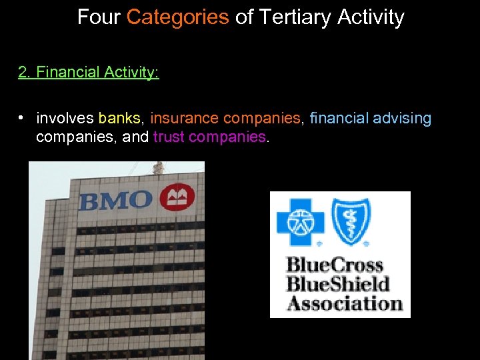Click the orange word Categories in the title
(x=177, y=17)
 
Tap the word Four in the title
(x=99, y=17)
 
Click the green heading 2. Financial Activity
(x=89, y=72)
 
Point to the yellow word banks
(x=120, y=119)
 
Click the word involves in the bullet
(x=65, y=119)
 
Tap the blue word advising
(x=402, y=119)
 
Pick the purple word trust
(x=169, y=137)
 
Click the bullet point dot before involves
(x=22, y=118)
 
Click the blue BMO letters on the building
(x=115, y=199)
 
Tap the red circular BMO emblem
(x=177, y=197)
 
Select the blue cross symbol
(x=299, y=220)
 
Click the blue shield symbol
(x=351, y=220)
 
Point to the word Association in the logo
(x=345, y=303)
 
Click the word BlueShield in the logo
(x=338, y=284)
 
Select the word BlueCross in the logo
(x=335, y=265)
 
